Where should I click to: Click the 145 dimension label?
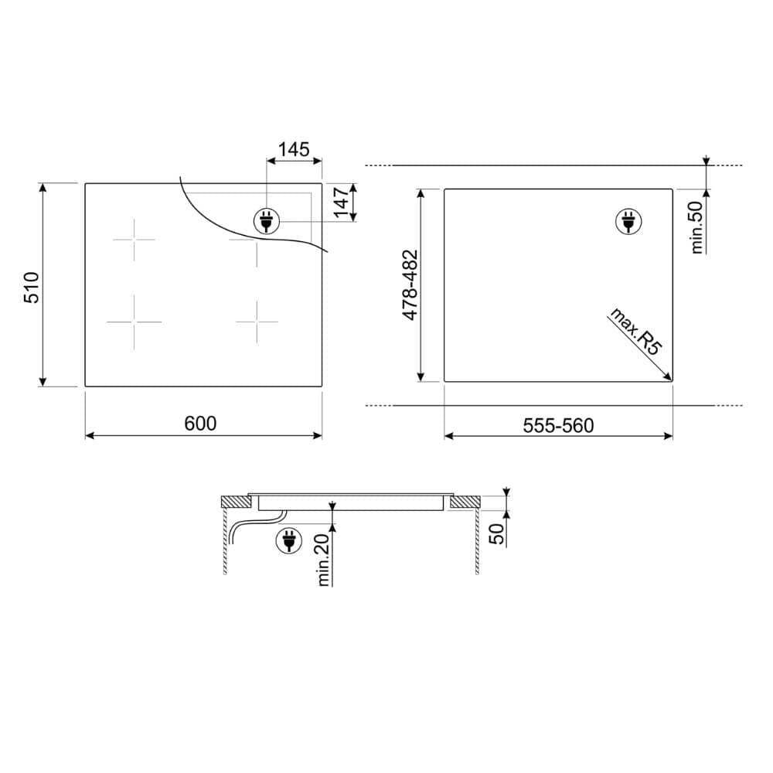pos(294,149)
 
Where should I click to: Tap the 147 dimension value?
pos(341,202)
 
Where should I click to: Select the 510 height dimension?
pos(32,288)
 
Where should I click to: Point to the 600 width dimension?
pos(200,424)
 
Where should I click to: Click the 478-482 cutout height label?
pos(410,285)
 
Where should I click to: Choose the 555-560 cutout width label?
pos(558,425)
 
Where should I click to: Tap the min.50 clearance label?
pos(696,228)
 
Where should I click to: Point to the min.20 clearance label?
pos(323,560)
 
